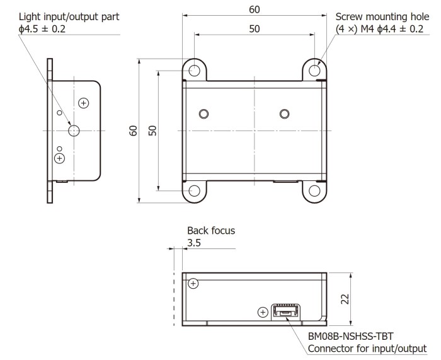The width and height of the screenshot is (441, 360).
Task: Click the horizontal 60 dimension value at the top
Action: click(x=254, y=9)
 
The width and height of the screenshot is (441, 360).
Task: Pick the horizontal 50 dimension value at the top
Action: click(x=254, y=29)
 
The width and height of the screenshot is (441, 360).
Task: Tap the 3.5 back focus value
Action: click(x=195, y=243)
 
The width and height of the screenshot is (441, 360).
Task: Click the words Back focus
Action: click(x=211, y=231)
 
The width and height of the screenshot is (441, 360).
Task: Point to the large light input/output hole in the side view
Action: click(x=74, y=131)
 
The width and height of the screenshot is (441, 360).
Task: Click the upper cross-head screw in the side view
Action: click(x=83, y=102)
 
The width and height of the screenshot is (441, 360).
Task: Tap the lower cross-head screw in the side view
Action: click(x=60, y=157)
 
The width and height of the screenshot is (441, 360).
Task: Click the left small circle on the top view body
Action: click(x=203, y=113)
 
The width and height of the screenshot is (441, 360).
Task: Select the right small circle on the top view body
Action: click(x=284, y=113)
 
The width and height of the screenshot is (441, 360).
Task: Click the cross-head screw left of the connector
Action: click(x=263, y=311)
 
